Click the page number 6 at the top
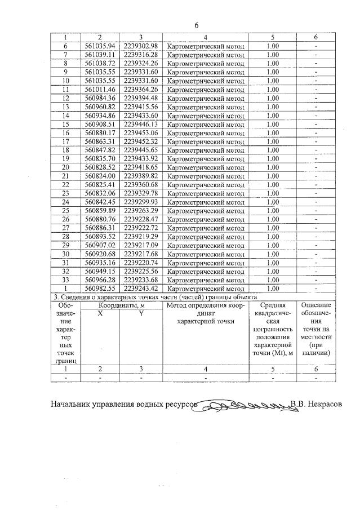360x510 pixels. pos(197,25)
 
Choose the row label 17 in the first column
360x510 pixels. pos(65,141)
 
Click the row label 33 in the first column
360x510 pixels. pos(65,280)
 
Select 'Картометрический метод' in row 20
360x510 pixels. pos(206,167)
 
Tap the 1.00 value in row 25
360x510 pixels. pos(272,211)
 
